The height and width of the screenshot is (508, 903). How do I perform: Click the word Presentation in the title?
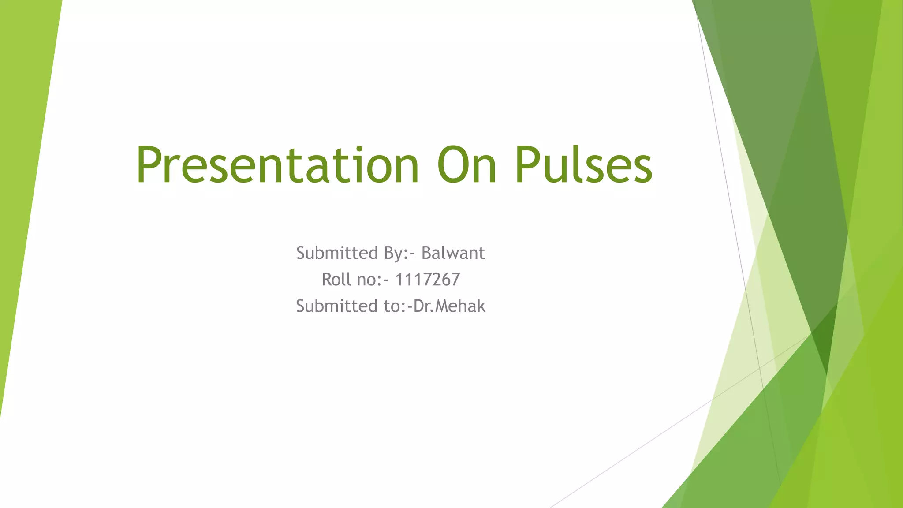pos(277,165)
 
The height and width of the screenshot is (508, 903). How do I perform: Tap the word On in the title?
pos(467,165)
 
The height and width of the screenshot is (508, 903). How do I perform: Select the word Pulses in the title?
pos(583,165)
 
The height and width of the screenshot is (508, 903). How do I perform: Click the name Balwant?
pos(453,253)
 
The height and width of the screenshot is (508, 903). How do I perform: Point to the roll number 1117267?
pos(427,280)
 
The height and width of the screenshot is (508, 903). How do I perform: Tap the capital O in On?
pos(453,165)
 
